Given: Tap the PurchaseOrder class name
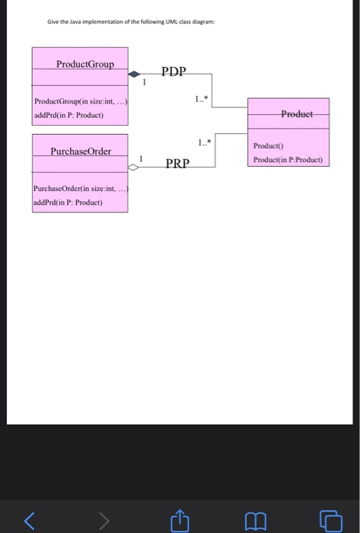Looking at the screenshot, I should (80, 151).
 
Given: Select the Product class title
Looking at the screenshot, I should (296, 113).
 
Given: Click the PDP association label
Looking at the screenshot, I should (174, 72).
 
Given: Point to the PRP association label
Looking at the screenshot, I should (177, 163).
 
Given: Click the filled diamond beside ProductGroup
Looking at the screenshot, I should (135, 75).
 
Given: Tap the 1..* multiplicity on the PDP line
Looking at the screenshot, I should (199, 98).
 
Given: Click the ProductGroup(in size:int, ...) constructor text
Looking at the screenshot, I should (79, 102).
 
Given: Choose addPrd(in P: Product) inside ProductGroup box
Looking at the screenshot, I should (68, 115).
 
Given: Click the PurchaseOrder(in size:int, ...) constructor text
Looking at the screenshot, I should (79, 190).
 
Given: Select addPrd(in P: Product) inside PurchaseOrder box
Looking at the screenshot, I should (68, 203).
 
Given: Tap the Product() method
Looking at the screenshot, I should (268, 146).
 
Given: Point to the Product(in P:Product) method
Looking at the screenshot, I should (288, 160).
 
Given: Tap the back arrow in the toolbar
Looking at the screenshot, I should (29, 519).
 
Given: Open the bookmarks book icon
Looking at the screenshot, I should (256, 519).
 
